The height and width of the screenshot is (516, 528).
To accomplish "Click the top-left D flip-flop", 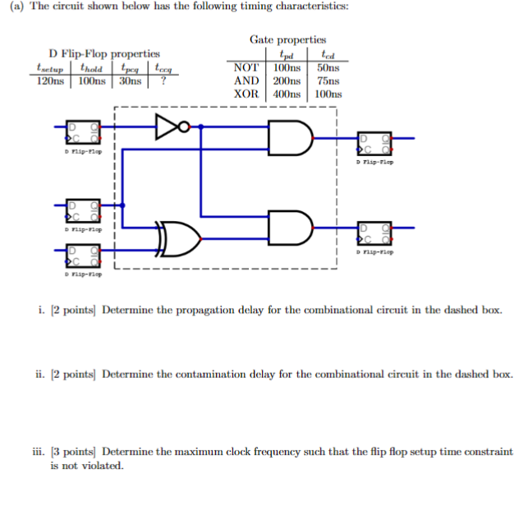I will coord(85,134).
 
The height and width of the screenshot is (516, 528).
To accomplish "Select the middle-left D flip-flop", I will coord(85,211).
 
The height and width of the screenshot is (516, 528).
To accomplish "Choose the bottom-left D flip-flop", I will coord(85,256).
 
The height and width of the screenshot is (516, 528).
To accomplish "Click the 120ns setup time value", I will coord(51,81).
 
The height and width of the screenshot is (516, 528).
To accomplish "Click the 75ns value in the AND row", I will coord(328,81).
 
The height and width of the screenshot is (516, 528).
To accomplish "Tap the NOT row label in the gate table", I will coord(246,67).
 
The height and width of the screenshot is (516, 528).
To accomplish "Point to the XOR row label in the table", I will coord(246,94).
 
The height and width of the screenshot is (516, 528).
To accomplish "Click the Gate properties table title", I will coord(287,39).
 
